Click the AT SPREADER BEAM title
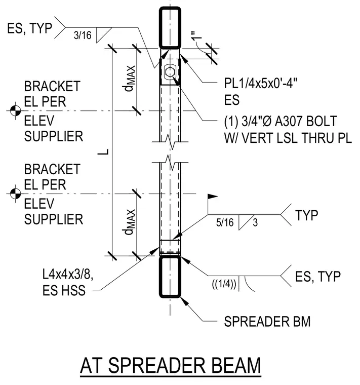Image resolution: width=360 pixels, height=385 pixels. tap(170, 365)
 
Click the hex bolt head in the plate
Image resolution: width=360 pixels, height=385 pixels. tap(170, 72)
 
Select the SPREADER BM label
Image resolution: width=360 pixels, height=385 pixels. tap(267, 321)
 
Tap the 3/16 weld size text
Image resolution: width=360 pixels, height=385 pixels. tap(83, 35)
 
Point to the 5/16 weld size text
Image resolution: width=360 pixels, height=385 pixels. tap(225, 222)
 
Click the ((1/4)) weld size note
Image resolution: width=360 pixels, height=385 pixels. tap(224, 284)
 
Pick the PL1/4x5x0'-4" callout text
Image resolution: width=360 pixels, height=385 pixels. tap(261, 84)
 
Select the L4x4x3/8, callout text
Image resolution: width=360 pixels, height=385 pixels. tap(68, 274)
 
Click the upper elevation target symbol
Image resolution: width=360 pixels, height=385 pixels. tap(15, 111)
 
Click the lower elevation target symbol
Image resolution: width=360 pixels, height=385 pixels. tap(15, 194)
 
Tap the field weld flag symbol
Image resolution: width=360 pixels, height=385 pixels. tap(213, 197)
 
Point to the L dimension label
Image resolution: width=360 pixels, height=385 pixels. tap(103, 152)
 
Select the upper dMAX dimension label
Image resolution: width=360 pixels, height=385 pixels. tap(130, 79)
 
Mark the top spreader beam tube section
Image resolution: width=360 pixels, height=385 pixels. tap(170, 27)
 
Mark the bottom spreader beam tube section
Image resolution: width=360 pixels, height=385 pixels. tap(170, 277)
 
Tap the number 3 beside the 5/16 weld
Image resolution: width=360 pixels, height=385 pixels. tap(255, 222)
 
